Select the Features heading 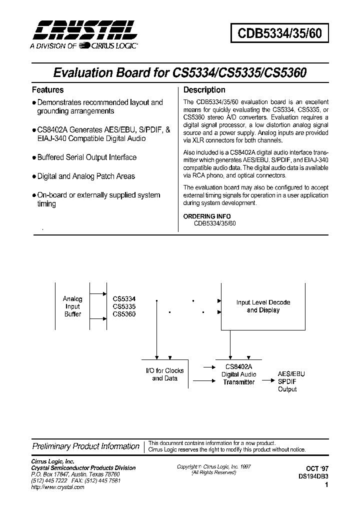(47, 90)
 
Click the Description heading (204, 90)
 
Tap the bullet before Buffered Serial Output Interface (34, 157)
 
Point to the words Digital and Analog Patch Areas (86, 176)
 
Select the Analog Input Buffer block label (72, 306)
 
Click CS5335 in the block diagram (124, 306)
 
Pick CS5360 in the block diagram (124, 314)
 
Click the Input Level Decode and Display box (263, 306)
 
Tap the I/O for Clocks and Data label (164, 374)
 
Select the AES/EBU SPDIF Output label (291, 381)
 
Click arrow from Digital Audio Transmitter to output (265, 382)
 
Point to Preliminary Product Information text (85, 446)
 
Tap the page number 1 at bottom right (326, 484)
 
